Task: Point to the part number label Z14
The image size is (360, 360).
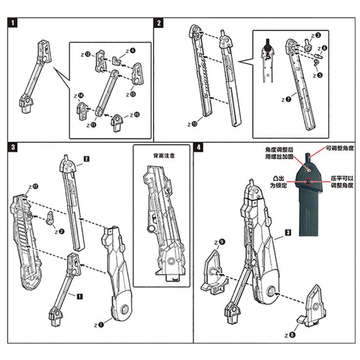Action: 79,96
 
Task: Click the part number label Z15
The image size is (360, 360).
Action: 134,115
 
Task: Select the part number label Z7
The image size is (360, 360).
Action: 286,99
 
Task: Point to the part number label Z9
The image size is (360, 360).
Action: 220,243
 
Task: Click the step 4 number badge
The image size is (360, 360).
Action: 198,147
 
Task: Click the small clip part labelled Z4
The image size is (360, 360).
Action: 117,60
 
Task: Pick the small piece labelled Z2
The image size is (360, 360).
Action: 51,219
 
